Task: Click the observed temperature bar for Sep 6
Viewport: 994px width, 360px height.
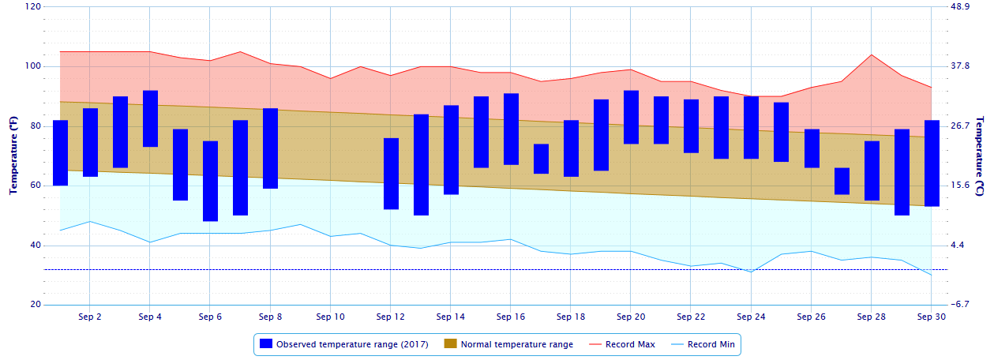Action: click(x=210, y=181)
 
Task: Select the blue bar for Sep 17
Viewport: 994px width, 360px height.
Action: click(x=541, y=159)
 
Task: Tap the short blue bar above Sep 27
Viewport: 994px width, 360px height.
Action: click(x=842, y=181)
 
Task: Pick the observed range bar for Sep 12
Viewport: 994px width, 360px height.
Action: click(x=391, y=174)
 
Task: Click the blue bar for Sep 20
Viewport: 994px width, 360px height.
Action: click(x=631, y=117)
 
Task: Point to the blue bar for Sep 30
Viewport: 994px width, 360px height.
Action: click(x=932, y=163)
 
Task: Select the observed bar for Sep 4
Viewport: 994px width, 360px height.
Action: click(x=150, y=118)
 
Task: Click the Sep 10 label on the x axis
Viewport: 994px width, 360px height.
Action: click(x=330, y=317)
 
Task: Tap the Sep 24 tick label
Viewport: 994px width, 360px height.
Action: click(x=751, y=317)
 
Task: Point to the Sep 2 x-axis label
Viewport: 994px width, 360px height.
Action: click(x=90, y=317)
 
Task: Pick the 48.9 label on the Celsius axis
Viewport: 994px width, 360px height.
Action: click(x=961, y=6)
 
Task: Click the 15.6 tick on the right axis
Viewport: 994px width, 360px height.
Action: click(x=961, y=186)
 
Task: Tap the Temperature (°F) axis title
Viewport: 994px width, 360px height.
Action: click(x=13, y=156)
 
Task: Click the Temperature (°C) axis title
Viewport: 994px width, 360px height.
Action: click(x=980, y=156)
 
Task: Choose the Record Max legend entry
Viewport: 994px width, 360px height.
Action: click(x=629, y=344)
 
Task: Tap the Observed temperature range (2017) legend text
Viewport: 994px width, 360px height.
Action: click(x=352, y=344)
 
